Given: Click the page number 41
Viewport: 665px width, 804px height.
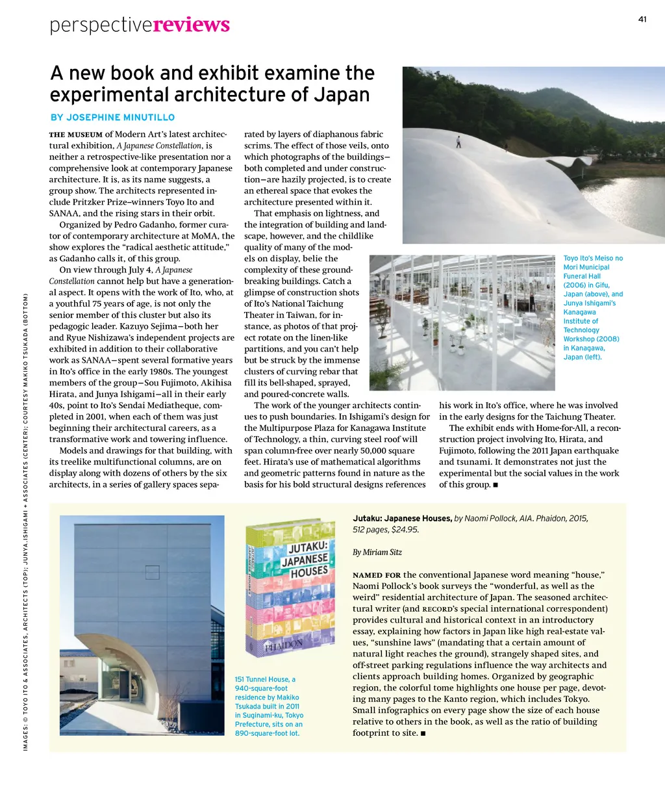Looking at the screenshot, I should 642,19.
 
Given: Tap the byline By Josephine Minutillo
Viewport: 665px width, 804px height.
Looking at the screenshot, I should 113,118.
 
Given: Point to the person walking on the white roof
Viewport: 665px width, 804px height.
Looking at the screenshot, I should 458,141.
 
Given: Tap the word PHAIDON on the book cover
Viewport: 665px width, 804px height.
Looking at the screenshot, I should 283,645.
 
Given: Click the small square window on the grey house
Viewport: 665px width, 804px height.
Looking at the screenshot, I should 152,572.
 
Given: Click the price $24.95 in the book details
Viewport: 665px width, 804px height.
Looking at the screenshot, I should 405,530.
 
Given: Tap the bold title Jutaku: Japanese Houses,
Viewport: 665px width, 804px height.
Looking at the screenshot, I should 402,519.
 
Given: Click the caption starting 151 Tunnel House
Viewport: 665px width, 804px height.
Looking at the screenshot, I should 269,707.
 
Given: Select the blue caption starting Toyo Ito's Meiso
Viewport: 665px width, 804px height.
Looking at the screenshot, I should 592,307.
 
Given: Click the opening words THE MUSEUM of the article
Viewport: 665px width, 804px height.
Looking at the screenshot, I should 76,135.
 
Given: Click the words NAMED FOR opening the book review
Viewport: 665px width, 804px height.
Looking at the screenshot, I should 377,575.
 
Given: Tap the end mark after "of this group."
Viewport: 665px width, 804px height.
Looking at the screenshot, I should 496,485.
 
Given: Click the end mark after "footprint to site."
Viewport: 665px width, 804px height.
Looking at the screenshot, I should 423,734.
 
